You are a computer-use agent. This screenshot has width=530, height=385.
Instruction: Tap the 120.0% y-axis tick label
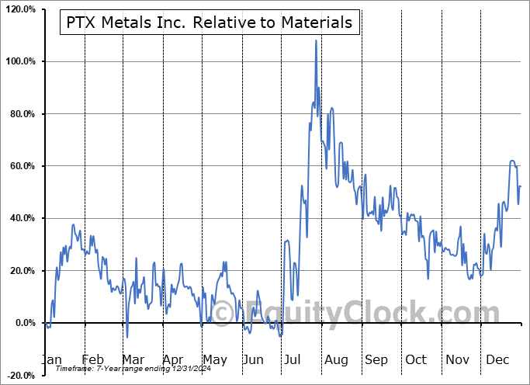pos(19,9)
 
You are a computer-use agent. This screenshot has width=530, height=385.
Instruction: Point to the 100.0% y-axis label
pos(19,61)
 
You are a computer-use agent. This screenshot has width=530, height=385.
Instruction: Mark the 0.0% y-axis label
pos(24,323)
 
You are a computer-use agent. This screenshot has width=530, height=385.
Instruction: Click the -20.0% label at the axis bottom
pos(20,375)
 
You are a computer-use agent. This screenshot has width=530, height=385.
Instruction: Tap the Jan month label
pos(52,359)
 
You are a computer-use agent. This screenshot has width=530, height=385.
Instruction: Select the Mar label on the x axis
pos(133,359)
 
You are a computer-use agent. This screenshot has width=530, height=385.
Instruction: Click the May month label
pos(214,359)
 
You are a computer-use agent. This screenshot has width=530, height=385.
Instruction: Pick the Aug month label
pos(336,359)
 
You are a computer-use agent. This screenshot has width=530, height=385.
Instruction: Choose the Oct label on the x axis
pos(417,359)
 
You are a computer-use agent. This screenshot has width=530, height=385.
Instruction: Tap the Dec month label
pos(497,359)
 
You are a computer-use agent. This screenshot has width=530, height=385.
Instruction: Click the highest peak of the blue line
pos(316,40)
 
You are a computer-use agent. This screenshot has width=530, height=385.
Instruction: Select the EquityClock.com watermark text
pos(357,313)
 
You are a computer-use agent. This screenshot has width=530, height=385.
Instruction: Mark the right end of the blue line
pos(520,186)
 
